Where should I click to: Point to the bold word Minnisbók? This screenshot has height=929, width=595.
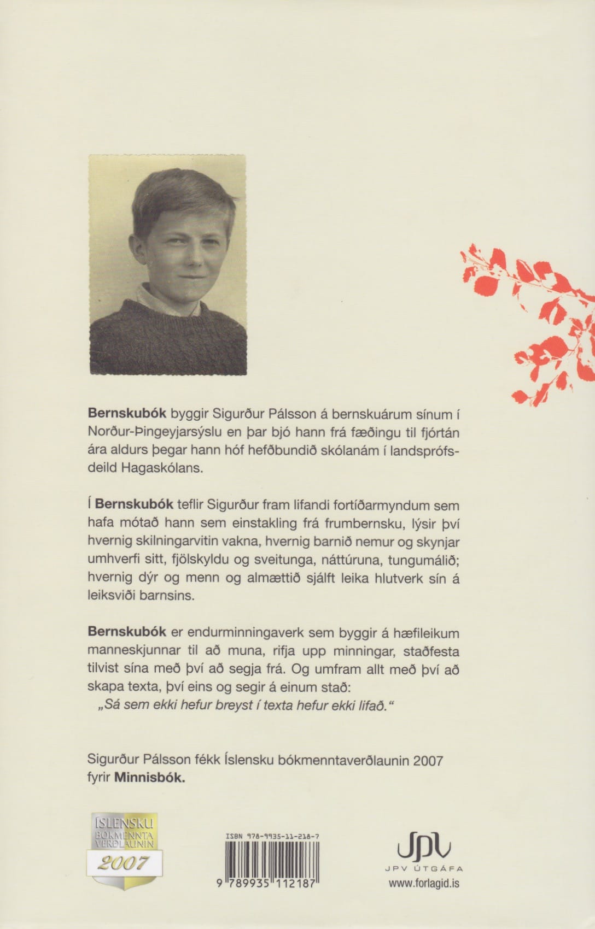coord(150,778)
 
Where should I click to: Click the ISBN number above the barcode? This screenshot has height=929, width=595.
coord(273,836)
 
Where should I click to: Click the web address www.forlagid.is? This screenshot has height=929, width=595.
coord(424,883)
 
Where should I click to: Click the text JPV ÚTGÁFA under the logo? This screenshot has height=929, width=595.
coord(424,869)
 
